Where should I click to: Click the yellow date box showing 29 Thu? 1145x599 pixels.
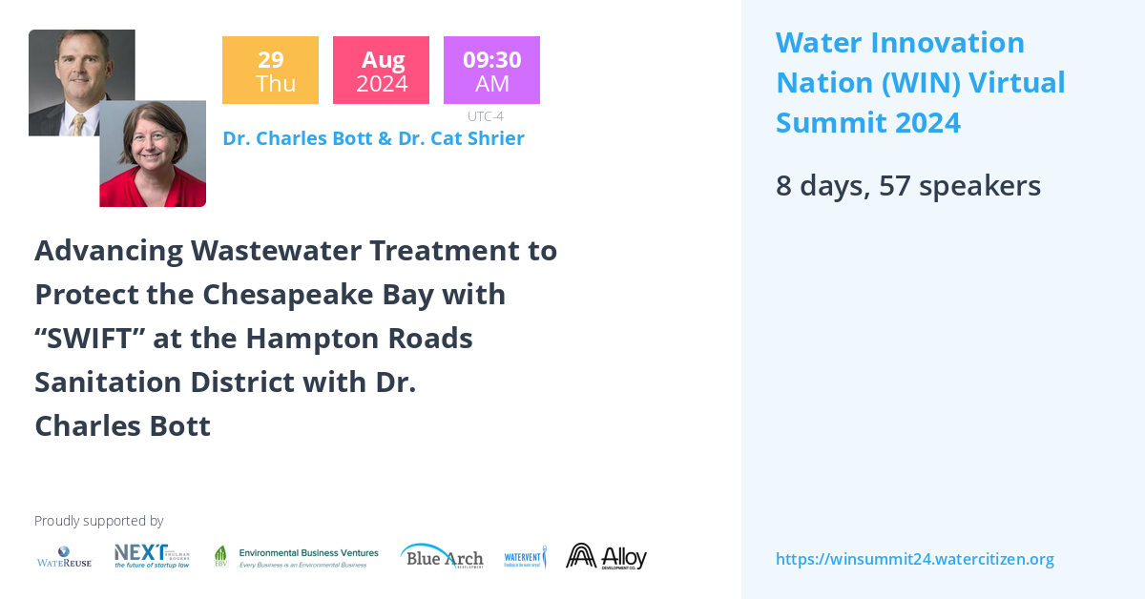click(x=270, y=71)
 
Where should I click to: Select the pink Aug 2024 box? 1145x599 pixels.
click(x=381, y=71)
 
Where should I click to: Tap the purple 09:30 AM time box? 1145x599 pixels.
click(x=491, y=71)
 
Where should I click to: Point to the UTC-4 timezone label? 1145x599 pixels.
click(x=486, y=116)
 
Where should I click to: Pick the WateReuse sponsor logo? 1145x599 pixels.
click(x=65, y=557)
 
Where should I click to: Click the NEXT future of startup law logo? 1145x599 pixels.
click(x=152, y=556)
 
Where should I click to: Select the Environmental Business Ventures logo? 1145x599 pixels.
click(x=296, y=557)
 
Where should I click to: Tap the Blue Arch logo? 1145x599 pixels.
click(x=442, y=557)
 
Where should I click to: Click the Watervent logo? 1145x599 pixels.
click(x=525, y=557)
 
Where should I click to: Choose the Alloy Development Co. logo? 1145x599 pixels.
click(x=606, y=556)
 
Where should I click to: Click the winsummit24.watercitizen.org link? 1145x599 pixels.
click(x=914, y=559)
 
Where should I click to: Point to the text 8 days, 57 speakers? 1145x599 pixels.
click(x=907, y=185)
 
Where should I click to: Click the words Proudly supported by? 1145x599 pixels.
click(x=98, y=521)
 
